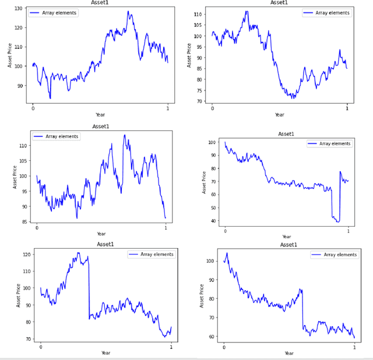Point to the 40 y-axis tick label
click(213, 221)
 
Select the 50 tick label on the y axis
click(213, 208)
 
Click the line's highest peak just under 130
click(128, 11)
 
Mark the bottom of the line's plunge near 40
click(337, 221)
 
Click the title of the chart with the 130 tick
click(100, 3)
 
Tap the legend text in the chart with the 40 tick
click(335, 143)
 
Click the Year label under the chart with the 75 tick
click(280, 115)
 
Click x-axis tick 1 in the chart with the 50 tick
click(348, 231)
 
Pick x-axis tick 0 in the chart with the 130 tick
click(33, 108)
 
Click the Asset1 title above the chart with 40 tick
click(286, 134)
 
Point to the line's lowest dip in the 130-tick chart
click(50, 98)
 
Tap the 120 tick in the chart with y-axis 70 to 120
click(26, 255)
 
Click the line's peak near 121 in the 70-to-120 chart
click(78, 253)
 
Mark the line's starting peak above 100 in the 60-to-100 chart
click(227, 253)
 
